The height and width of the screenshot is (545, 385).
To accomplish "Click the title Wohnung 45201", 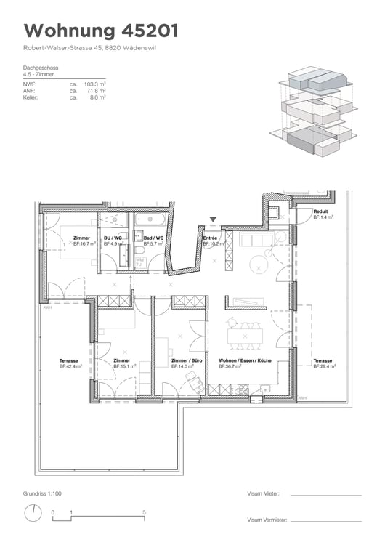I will click(100, 31).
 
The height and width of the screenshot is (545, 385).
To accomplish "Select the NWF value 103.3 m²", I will click(94, 84).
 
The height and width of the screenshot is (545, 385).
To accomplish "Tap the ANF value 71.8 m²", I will click(96, 90).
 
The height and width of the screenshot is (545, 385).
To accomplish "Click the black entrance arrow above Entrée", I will click(213, 219).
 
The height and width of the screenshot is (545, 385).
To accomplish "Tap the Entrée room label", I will click(211, 238).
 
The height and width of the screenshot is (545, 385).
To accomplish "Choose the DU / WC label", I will click(113, 238).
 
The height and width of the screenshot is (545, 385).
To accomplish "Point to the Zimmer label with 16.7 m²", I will click(81, 238).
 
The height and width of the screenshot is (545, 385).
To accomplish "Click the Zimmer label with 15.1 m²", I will click(122, 360).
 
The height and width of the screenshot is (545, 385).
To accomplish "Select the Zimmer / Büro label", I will click(186, 360).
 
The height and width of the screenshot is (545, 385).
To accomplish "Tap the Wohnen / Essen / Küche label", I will click(245, 360).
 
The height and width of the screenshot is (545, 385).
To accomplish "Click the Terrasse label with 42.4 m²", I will click(70, 360).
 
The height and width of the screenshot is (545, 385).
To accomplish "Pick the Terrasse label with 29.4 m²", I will click(323, 360).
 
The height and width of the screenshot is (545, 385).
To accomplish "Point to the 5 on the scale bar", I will click(144, 513).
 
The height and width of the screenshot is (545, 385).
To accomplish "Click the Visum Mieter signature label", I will click(263, 494).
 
